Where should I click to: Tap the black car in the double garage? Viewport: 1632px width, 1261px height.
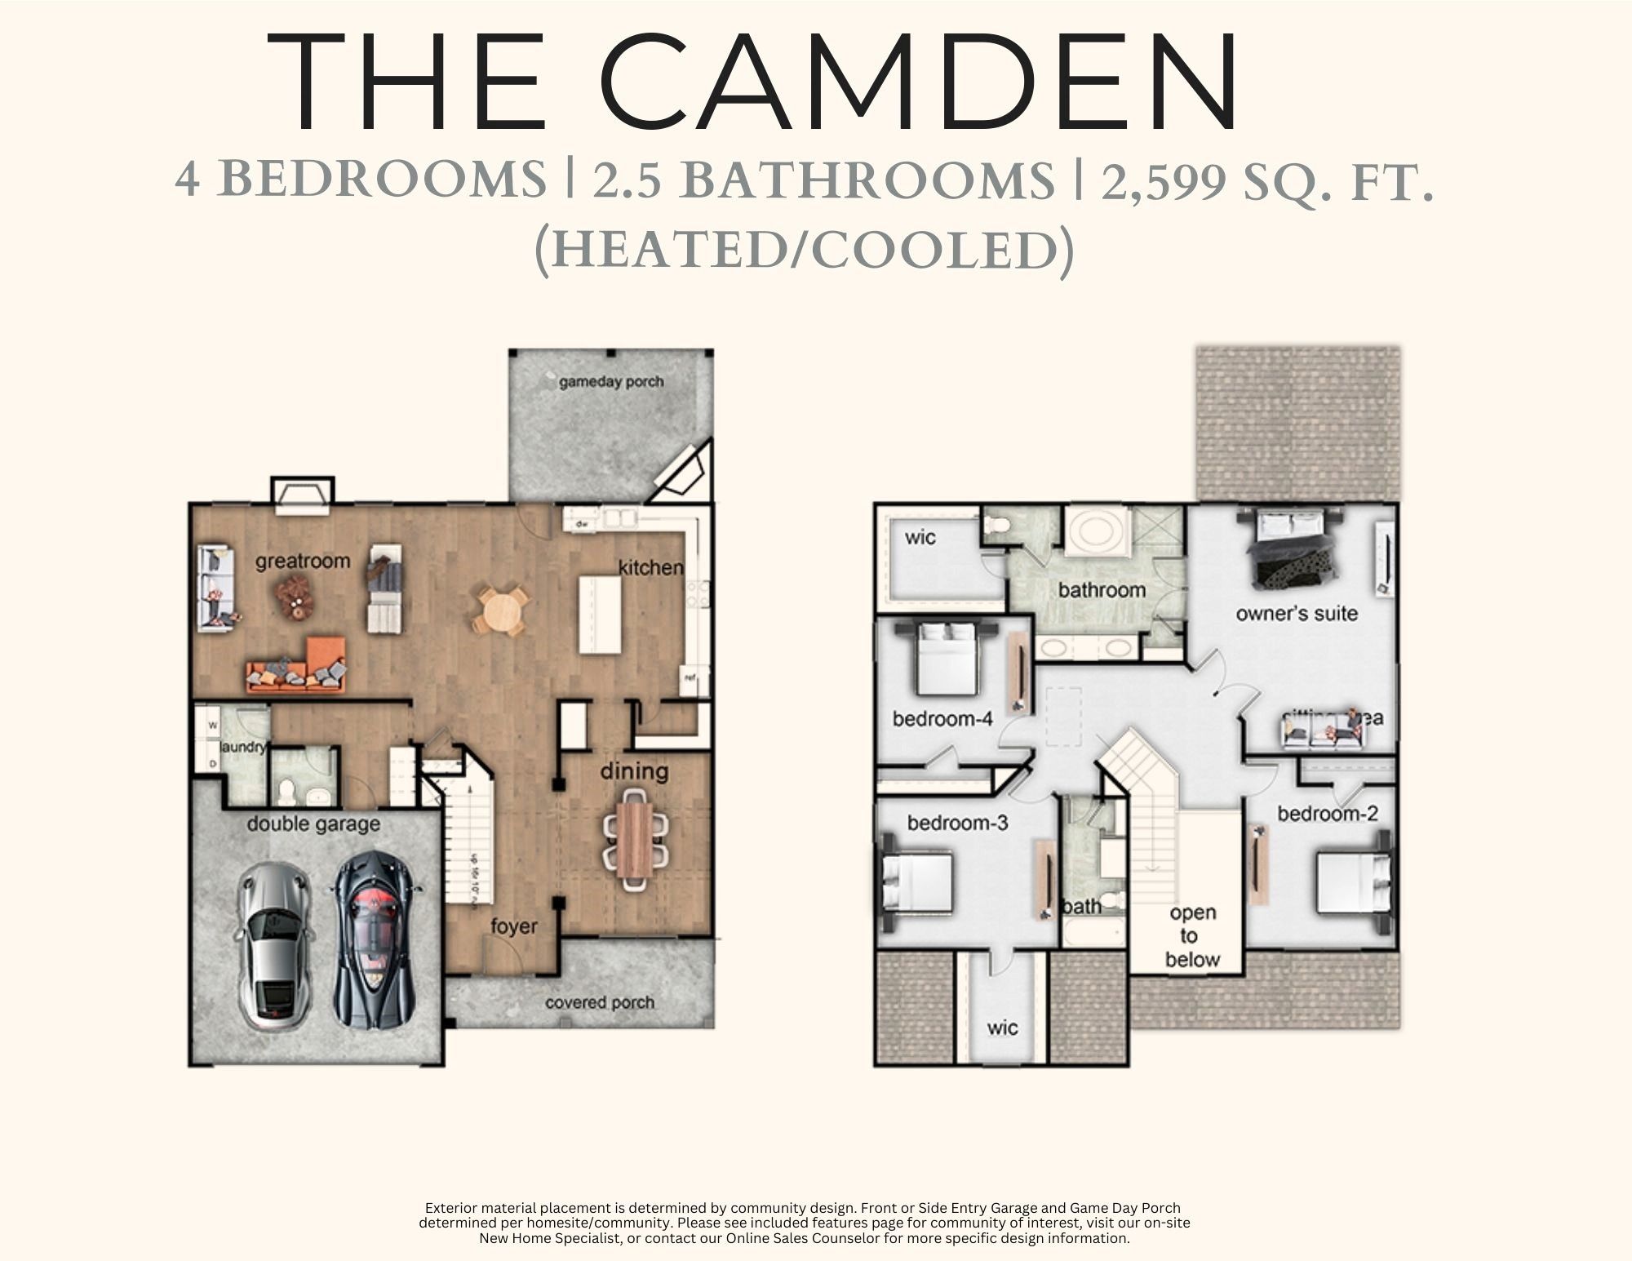pos(376,939)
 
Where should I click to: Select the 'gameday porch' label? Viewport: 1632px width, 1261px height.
pos(611,381)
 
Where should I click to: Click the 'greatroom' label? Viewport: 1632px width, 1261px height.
pos(303,562)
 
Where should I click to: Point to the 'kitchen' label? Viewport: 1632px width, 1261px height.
pos(650,567)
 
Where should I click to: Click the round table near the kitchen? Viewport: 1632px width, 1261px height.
pos(500,611)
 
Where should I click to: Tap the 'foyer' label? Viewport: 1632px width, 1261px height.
pos(514,926)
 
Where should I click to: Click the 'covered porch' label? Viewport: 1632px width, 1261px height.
pos(600,1002)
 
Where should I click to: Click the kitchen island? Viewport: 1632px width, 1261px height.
pos(601,614)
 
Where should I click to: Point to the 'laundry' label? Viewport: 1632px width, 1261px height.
pos(242,747)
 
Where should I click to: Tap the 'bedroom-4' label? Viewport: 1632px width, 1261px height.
pos(942,719)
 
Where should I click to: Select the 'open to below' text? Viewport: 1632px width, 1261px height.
pos(1192,936)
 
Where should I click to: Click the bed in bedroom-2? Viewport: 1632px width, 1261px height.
pos(1353,881)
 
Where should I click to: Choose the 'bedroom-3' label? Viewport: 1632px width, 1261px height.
pos(958,823)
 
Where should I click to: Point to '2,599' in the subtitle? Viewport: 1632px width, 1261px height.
pos(1164,181)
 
